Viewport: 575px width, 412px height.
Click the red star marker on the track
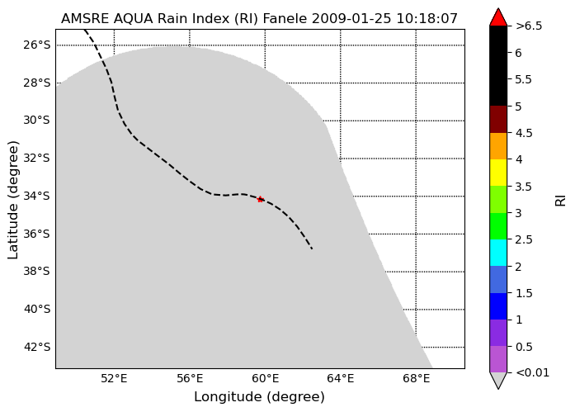261,200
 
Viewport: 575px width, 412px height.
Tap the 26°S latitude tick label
36,45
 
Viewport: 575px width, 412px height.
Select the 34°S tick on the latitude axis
36,196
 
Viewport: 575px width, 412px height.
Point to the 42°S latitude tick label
36,347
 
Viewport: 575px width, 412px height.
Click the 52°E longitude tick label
114,378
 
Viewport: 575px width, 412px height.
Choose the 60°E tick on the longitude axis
265,378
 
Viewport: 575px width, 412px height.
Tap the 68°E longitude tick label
417,378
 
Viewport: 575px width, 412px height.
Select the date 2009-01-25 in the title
351,18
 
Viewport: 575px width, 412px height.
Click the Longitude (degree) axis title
259,397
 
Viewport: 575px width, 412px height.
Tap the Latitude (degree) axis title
12,200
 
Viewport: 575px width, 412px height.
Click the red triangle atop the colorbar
498,17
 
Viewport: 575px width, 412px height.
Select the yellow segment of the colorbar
498,173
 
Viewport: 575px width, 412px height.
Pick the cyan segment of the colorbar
498,253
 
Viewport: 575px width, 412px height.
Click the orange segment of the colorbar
498,146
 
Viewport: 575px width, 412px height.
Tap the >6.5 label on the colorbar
529,26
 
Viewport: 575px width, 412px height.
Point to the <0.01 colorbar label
532,372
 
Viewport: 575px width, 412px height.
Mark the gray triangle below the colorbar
498,380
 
